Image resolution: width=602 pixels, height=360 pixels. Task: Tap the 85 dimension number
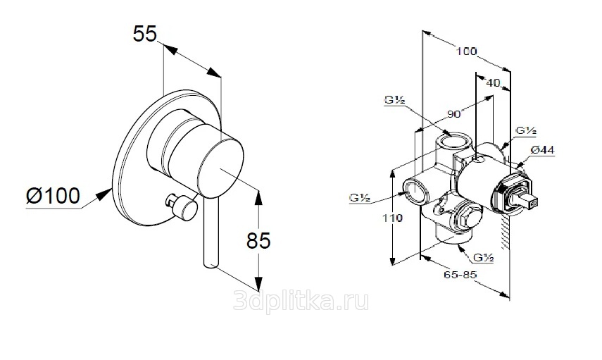(258, 241)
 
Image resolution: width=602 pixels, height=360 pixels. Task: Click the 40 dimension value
(493, 82)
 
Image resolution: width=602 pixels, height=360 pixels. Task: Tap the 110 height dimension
(392, 218)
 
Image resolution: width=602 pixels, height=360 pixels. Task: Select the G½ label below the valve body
(482, 258)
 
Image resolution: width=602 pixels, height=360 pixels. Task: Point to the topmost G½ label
(394, 101)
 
